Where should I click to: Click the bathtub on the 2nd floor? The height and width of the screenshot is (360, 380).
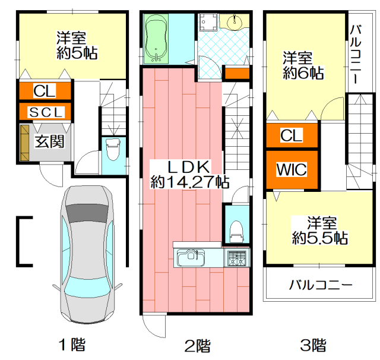[156, 39]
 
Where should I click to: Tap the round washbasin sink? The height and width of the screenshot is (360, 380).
[235, 22]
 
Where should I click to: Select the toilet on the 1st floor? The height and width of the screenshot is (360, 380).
[113, 150]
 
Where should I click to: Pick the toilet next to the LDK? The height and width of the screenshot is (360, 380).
[236, 232]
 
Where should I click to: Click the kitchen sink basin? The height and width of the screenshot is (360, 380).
[191, 258]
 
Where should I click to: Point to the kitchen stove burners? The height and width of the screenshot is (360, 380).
[237, 258]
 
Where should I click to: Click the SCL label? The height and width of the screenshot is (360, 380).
[46, 112]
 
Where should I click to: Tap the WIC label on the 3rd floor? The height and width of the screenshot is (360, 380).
[292, 169]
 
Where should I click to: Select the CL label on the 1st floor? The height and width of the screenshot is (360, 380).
[45, 91]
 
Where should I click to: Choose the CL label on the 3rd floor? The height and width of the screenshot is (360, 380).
[292, 135]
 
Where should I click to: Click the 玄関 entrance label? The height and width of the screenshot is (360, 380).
[49, 141]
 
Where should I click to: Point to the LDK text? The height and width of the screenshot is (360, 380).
[189, 166]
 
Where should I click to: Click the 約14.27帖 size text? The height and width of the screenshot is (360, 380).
[190, 182]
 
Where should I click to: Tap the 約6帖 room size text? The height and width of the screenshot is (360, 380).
[303, 72]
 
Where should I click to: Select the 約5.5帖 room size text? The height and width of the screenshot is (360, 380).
[320, 238]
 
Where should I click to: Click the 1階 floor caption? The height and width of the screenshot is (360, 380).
[72, 345]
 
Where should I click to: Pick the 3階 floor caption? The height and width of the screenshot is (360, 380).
[313, 345]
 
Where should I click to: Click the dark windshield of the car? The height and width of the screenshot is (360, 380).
[87, 213]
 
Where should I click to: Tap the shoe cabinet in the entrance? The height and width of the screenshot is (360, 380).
[25, 143]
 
